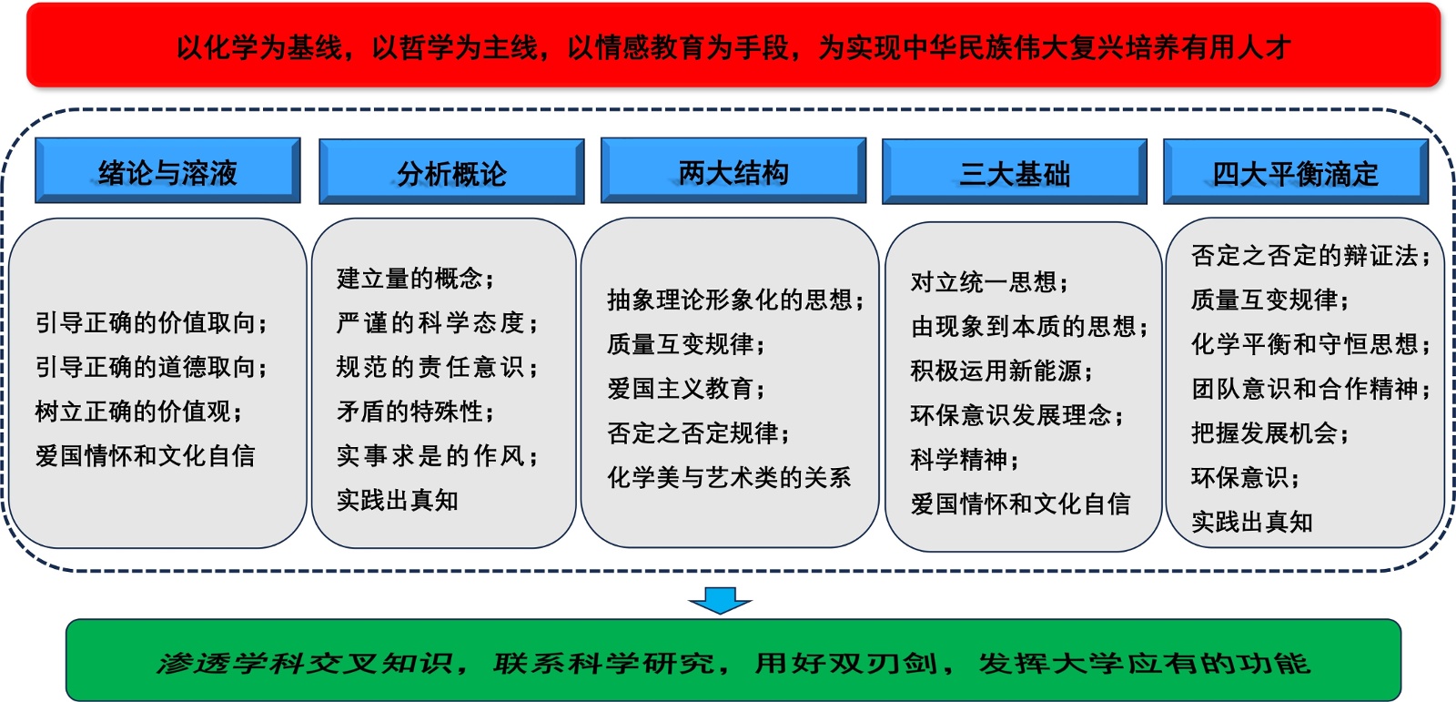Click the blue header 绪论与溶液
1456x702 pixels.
167,170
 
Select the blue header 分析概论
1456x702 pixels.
451,172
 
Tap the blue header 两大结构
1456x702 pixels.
733,170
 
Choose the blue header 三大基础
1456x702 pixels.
1015,172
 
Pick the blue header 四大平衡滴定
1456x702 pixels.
1296,172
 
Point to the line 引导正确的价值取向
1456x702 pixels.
151,322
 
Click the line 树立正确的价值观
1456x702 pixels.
139,412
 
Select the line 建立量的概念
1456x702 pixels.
415,279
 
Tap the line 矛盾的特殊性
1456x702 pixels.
415,412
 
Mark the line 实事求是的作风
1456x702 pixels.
438,455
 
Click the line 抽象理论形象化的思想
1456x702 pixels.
736,300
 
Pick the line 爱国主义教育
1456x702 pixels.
686,389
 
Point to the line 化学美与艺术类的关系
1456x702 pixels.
729,477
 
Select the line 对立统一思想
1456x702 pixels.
989,282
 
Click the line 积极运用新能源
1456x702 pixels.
1002,371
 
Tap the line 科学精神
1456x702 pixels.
965,459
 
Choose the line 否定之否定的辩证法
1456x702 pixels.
1311,256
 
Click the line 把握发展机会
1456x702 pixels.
1270,432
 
